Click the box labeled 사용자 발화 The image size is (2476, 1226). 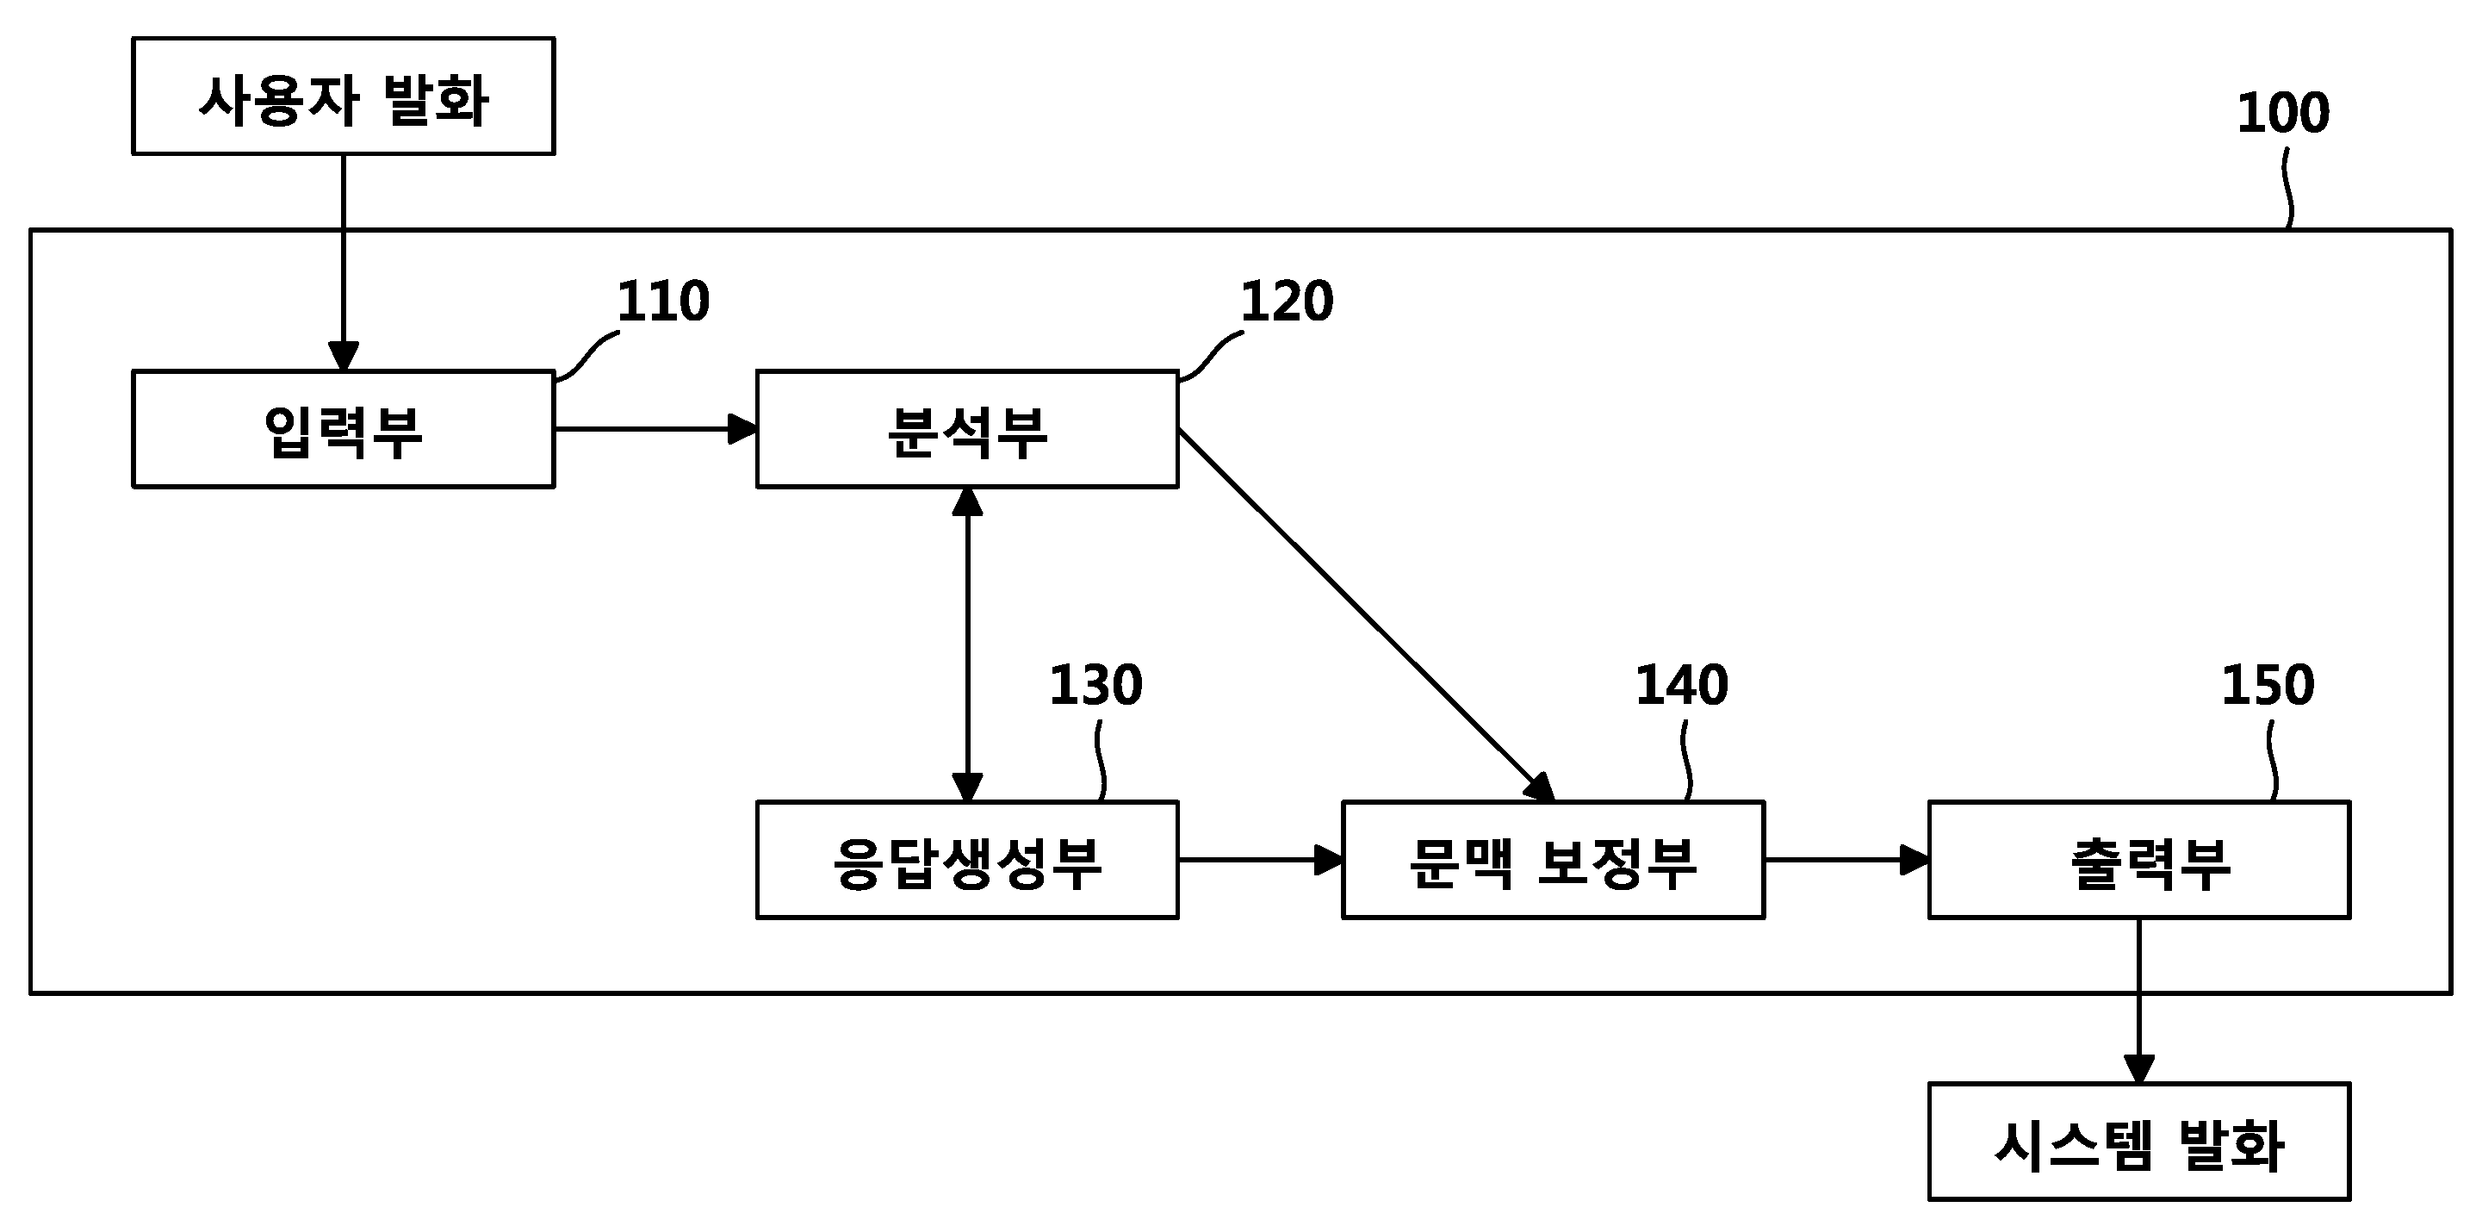(x=343, y=96)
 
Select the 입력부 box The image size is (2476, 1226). (x=343, y=429)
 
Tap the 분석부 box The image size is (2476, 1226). (x=967, y=429)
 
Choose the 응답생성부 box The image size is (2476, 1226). (x=967, y=860)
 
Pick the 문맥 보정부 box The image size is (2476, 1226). (x=1554, y=860)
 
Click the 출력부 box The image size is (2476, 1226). (x=2139, y=860)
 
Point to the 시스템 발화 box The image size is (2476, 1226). (x=2139, y=1142)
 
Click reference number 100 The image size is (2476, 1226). (x=2283, y=113)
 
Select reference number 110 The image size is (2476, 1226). (x=663, y=301)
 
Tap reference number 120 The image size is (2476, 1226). (x=1287, y=301)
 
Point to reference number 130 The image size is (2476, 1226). (x=1095, y=685)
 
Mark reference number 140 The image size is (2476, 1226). (x=1682, y=685)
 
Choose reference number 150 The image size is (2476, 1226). (x=2268, y=685)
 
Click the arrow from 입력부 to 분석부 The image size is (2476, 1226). (x=656, y=429)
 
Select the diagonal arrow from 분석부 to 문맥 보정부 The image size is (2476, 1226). (x=1367, y=615)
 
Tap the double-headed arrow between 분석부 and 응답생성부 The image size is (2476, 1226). (x=967, y=644)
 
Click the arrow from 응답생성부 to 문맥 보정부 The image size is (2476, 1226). (x=1261, y=860)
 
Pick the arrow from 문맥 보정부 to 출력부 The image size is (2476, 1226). (x=1847, y=860)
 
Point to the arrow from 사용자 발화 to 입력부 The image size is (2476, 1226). (x=343, y=263)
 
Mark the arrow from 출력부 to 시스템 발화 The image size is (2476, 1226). (x=2138, y=1002)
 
